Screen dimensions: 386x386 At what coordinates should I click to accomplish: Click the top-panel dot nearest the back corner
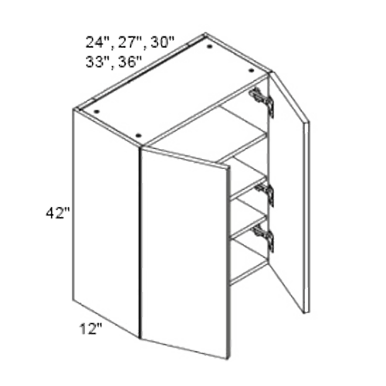pos(210,46)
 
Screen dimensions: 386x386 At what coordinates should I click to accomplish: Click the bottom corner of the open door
pos(306,310)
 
